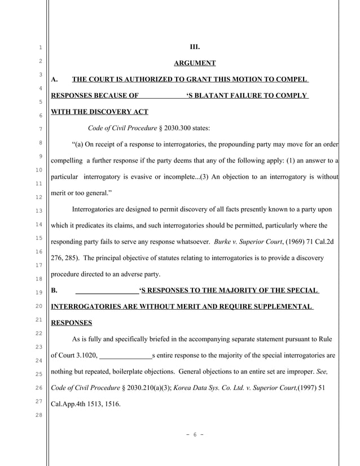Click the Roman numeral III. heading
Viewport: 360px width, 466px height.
pyautogui.click(x=195, y=47)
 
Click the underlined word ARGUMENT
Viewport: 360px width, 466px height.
pyautogui.click(x=195, y=63)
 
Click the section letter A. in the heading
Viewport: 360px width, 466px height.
pyautogui.click(x=55, y=80)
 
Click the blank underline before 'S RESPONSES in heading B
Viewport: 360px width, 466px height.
pyautogui.click(x=107, y=291)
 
